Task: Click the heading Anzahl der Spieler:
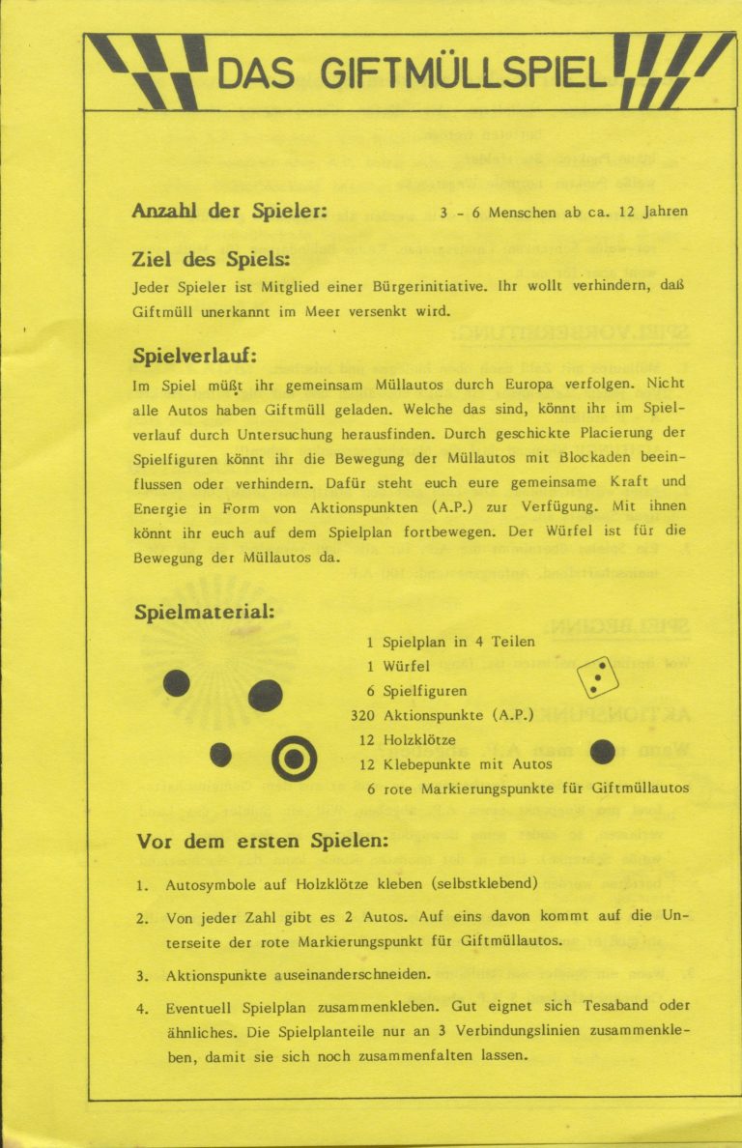(229, 211)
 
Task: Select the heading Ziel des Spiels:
(211, 260)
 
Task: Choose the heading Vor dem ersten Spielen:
(262, 841)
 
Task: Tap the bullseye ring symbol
(294, 758)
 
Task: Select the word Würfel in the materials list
(407, 667)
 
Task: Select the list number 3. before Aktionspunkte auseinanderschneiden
(142, 977)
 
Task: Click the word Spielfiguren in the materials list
(425, 691)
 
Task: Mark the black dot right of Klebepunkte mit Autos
(602, 752)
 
